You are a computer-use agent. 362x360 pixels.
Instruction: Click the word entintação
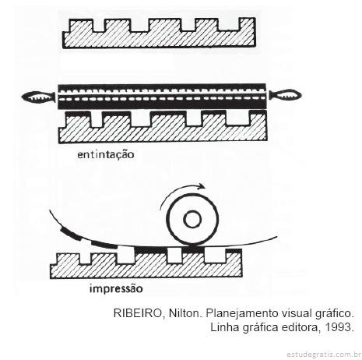[106, 155]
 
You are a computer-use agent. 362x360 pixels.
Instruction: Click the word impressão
[116, 288]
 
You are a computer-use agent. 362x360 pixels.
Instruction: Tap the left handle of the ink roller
[38, 97]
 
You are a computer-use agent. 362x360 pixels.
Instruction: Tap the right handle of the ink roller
[285, 95]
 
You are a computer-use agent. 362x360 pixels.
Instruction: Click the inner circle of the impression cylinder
[192, 219]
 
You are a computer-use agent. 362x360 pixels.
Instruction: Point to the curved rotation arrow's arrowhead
[201, 186]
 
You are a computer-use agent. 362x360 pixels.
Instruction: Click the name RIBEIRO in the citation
[138, 313]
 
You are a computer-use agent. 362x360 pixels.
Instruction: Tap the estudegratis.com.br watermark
[324, 355]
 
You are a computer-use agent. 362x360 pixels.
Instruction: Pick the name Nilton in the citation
[184, 313]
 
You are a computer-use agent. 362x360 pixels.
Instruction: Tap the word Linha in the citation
[225, 327]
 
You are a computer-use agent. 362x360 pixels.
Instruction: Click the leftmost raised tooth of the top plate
[81, 26]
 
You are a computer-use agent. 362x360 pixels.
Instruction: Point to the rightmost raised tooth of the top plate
[246, 24]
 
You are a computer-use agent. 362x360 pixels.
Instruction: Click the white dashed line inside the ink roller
[163, 99]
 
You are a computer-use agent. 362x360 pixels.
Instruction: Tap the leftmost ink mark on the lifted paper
[70, 234]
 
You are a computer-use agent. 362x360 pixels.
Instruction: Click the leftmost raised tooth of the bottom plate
[68, 259]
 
